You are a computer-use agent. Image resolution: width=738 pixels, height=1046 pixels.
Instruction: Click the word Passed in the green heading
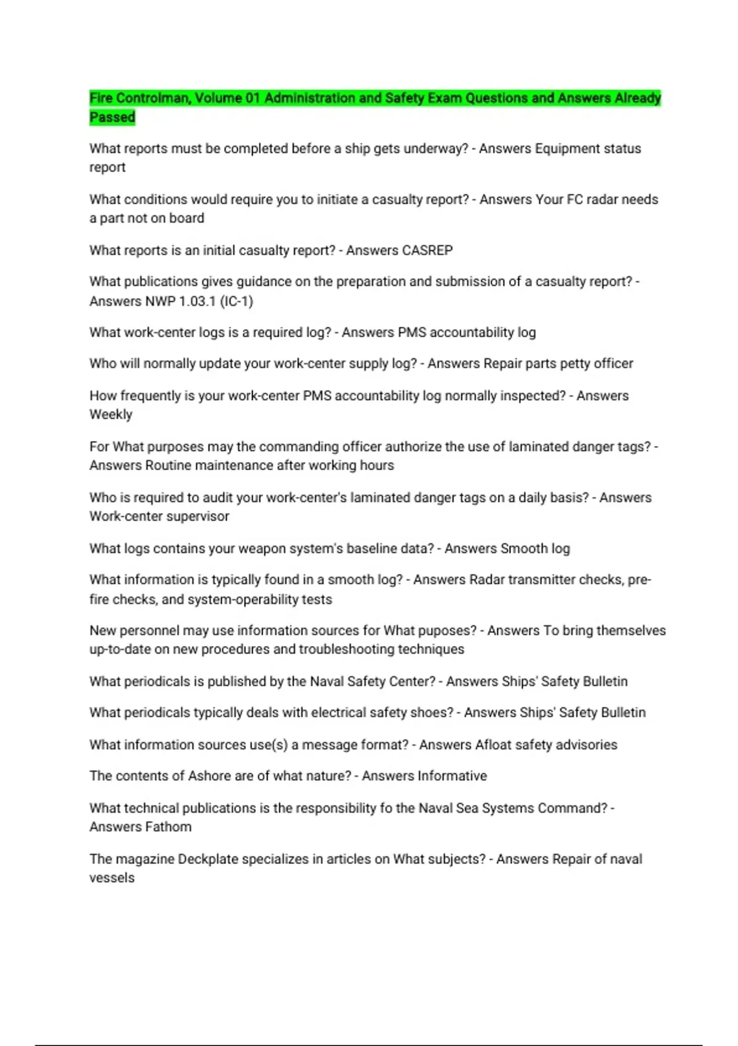coord(112,117)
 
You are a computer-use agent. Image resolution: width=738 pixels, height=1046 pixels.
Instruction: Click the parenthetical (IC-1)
coord(236,301)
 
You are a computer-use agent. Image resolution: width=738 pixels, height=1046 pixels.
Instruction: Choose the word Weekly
coord(111,414)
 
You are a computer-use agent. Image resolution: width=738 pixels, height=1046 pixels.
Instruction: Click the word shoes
coord(435,713)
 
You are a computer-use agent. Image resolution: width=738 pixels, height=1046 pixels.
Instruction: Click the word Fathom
coord(168,827)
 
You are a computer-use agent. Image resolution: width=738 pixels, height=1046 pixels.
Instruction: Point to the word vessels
coord(112,878)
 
